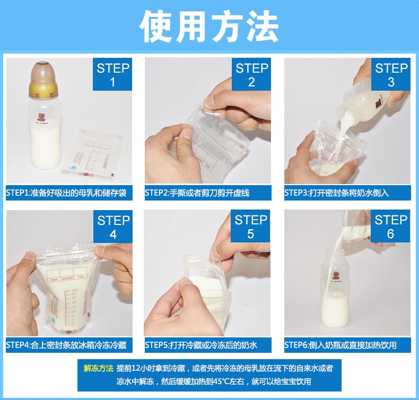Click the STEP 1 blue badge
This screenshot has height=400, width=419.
click(x=112, y=74)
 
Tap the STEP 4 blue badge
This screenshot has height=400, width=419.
click(x=113, y=227)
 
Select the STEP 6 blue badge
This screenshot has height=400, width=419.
click(x=390, y=226)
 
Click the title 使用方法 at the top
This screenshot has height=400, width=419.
click(x=209, y=26)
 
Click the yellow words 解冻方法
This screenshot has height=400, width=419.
click(x=99, y=369)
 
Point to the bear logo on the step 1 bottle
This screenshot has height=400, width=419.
click(x=41, y=118)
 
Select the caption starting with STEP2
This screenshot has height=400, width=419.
click(x=197, y=193)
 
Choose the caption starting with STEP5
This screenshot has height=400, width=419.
click(x=201, y=345)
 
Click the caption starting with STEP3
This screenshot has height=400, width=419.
click(x=336, y=193)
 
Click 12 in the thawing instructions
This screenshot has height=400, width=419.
click(x=136, y=369)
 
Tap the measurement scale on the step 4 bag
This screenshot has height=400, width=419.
click(x=69, y=307)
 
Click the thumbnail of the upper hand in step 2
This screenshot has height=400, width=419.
click(x=210, y=101)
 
